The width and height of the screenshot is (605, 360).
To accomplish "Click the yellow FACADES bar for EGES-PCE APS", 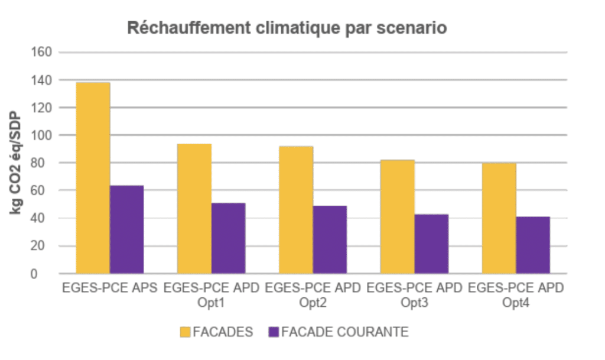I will point(93,178).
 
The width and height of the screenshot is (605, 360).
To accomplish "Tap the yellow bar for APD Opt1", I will point(194,209).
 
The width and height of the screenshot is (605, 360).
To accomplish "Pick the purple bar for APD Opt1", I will point(228,238).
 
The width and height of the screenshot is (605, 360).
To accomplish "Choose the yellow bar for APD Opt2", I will point(296,210).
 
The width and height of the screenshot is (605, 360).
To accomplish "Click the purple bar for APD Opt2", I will point(330,239).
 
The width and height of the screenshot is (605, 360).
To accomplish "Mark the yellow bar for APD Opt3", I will point(398,217).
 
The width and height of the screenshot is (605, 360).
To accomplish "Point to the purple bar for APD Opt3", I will point(431,244).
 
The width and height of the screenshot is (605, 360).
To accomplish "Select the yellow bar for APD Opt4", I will point(499,218).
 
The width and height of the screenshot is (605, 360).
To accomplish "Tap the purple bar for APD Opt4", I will point(533,245).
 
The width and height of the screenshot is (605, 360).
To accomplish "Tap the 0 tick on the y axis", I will point(50,274).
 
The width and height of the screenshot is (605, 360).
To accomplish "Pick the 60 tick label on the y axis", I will point(45,190).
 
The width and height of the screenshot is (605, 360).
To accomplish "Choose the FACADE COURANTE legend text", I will point(344,332).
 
